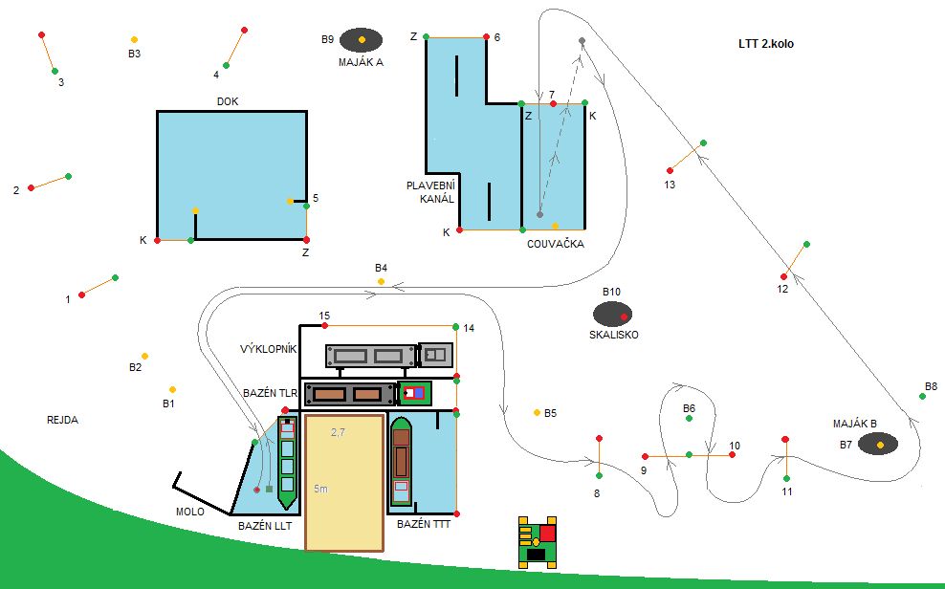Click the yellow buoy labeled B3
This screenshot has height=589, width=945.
pos(134,39)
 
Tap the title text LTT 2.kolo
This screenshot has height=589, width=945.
pos(766,44)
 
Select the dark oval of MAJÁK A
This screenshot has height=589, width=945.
pos(361,39)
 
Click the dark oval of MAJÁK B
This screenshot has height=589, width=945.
pos(877,445)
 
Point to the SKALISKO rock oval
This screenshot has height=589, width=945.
pos(613,314)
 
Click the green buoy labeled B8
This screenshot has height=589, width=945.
pos(922,396)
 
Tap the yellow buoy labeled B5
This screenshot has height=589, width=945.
pos(537,412)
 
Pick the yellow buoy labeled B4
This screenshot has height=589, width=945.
pos(381,282)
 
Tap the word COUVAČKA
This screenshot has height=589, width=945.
pos(555,244)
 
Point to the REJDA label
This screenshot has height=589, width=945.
pos(62,420)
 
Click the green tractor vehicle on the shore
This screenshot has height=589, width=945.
pos(538,542)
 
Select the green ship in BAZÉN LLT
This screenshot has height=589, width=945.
pos(287,462)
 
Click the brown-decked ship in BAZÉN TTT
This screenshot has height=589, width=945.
pos(401,461)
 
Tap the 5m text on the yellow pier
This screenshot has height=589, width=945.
pos(321,490)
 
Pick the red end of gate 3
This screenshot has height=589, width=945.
pos(41,35)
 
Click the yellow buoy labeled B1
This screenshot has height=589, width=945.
pos(172,389)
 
